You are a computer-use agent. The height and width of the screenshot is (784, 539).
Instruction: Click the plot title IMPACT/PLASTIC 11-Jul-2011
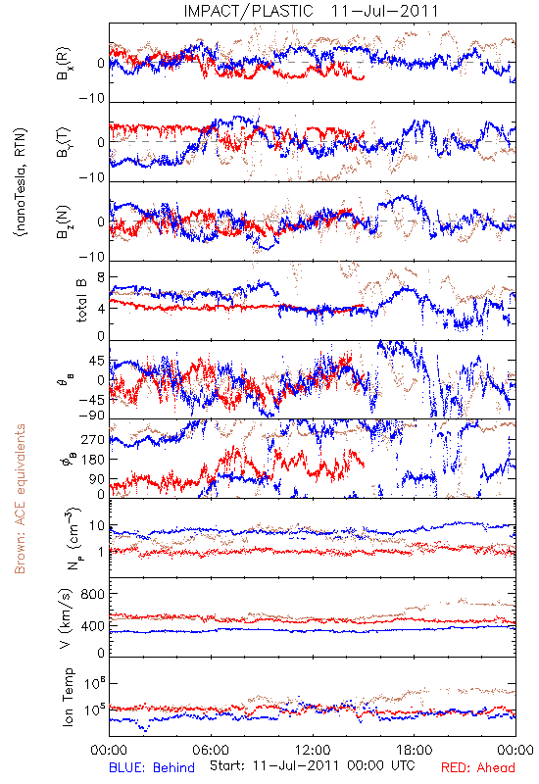click(x=311, y=11)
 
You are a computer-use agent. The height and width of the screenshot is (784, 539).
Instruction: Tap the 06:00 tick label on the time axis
click(x=211, y=750)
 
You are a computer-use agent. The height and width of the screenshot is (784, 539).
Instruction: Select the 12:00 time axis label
click(x=313, y=750)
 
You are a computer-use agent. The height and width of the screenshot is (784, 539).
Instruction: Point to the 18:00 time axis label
click(x=415, y=750)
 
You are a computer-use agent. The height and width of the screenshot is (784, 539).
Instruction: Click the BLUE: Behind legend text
click(x=152, y=767)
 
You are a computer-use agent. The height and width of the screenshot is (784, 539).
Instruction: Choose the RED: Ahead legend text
click(x=477, y=767)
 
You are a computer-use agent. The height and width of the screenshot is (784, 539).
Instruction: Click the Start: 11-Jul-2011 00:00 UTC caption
click(x=312, y=765)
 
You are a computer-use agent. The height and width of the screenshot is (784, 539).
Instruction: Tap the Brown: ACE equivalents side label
click(x=20, y=499)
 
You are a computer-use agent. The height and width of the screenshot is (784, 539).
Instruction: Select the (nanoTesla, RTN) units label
click(x=21, y=182)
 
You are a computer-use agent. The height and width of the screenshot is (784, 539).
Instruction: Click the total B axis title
click(x=81, y=301)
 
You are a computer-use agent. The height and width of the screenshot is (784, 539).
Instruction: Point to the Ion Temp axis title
click(x=68, y=697)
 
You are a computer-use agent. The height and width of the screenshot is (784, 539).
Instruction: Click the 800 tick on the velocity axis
click(x=93, y=594)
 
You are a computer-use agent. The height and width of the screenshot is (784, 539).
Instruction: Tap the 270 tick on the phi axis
click(x=93, y=439)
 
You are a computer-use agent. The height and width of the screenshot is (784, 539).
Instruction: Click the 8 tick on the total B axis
click(x=101, y=277)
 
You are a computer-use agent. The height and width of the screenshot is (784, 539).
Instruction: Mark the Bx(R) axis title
click(x=64, y=64)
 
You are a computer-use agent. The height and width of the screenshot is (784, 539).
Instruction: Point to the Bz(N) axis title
click(x=64, y=222)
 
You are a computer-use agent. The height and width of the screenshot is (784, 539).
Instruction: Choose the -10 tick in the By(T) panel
click(x=92, y=177)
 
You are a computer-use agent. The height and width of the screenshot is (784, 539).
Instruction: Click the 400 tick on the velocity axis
click(x=93, y=625)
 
